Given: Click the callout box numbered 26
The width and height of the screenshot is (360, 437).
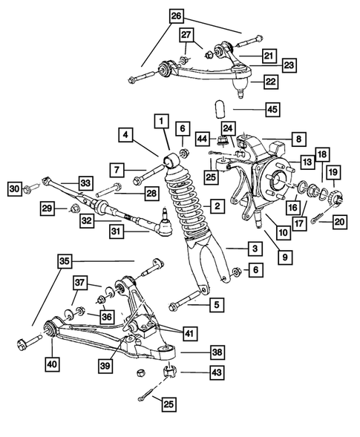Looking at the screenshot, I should pyautogui.click(x=175, y=16).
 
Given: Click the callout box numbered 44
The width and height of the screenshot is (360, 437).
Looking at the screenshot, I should pyautogui.click(x=203, y=139).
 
